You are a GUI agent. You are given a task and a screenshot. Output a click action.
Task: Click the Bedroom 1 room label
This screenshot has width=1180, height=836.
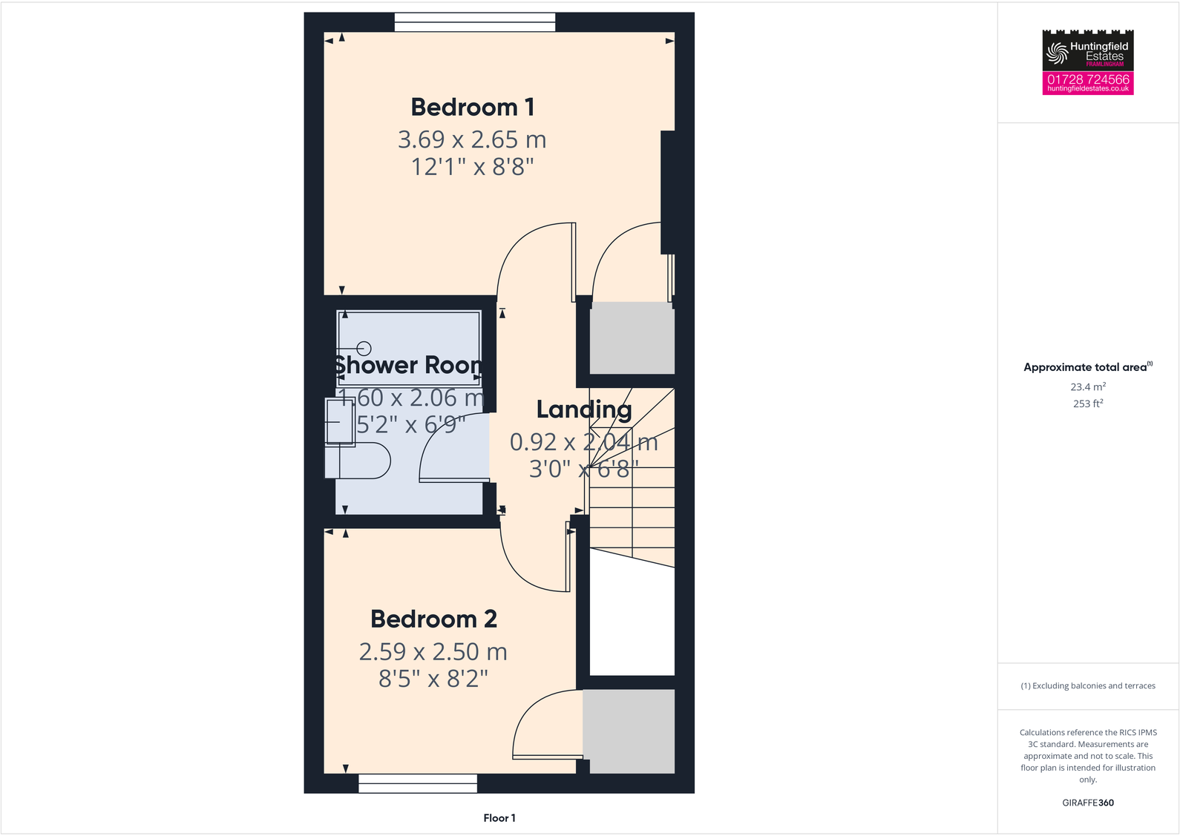pyautogui.click(x=472, y=108)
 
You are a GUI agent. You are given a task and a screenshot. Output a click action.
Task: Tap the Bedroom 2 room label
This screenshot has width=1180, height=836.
pyautogui.click(x=433, y=619)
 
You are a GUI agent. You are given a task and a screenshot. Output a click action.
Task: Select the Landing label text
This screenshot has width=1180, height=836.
pyautogui.click(x=584, y=409)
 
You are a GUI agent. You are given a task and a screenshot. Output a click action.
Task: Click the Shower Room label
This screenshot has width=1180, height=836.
pyautogui.click(x=407, y=365)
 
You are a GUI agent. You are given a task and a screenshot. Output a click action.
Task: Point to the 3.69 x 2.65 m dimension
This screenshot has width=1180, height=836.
pyautogui.click(x=472, y=139)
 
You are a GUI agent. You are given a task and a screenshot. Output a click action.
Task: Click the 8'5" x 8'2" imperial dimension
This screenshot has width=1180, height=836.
pyautogui.click(x=433, y=679)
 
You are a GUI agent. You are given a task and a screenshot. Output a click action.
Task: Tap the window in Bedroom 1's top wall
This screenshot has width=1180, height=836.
pyautogui.click(x=475, y=23)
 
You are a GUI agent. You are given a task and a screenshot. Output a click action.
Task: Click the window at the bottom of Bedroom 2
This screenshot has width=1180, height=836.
pyautogui.click(x=418, y=783)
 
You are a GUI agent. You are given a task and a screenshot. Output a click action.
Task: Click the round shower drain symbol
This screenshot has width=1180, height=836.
pyautogui.click(x=364, y=348)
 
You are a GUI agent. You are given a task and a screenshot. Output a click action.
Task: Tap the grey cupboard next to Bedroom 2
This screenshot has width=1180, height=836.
pyautogui.click(x=629, y=731)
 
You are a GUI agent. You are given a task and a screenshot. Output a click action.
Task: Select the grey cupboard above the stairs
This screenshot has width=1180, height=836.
pyautogui.click(x=632, y=342)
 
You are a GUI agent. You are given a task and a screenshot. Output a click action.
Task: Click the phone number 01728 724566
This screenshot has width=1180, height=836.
pyautogui.click(x=1088, y=79)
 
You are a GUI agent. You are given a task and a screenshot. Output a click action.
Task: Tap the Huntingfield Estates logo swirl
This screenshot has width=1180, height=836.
pyautogui.click(x=1056, y=53)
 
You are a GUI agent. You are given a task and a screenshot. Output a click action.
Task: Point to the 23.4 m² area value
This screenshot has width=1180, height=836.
pyautogui.click(x=1088, y=386)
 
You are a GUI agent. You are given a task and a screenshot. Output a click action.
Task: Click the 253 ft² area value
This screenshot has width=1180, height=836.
pyautogui.click(x=1088, y=404)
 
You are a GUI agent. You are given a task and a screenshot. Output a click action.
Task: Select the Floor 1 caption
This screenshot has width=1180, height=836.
pyautogui.click(x=499, y=818)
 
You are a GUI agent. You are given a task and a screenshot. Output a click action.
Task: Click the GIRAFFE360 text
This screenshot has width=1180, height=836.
pyautogui.click(x=1088, y=803)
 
